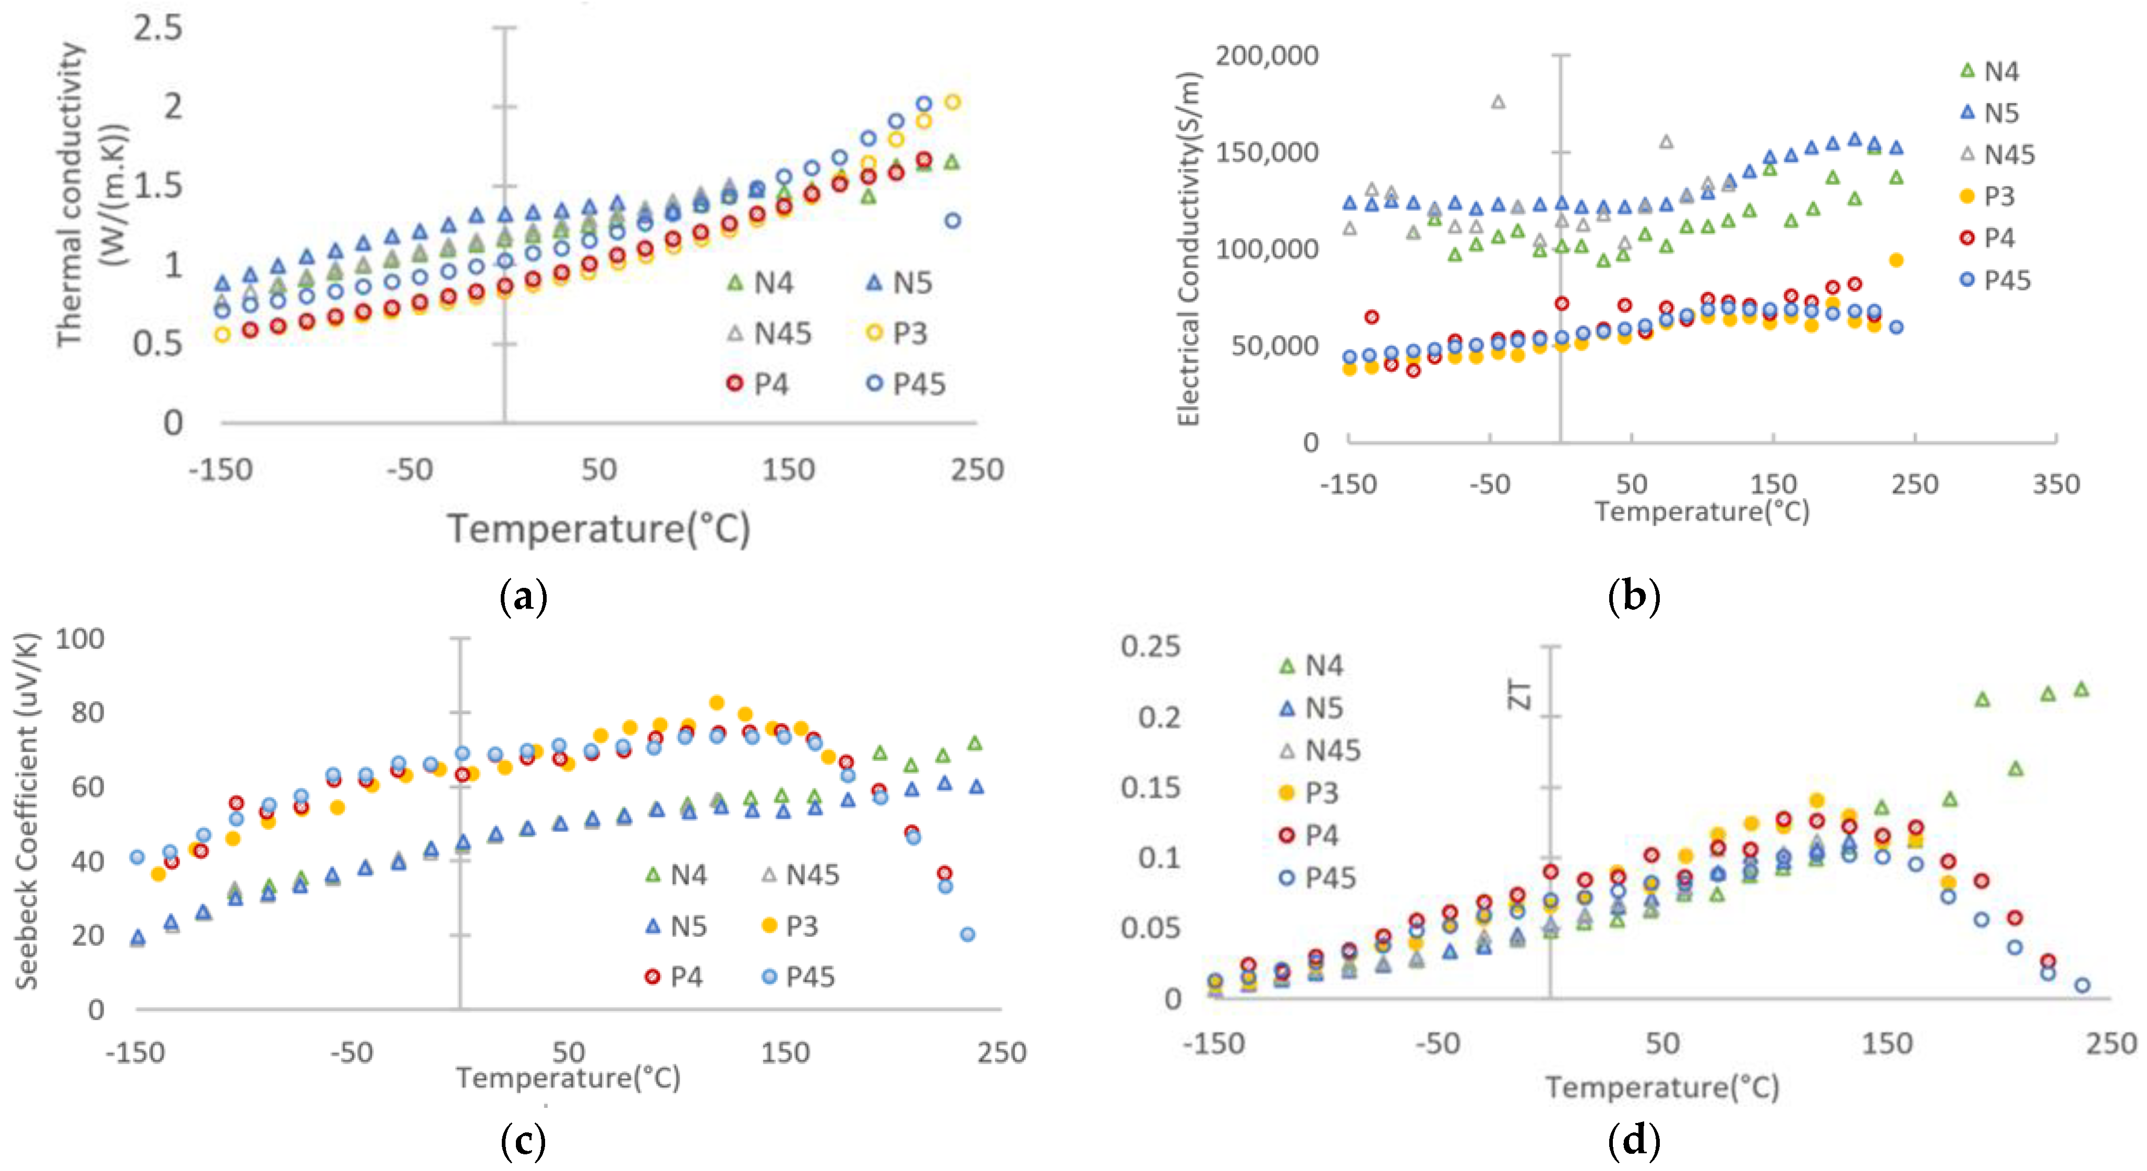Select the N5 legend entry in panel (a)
[900, 283]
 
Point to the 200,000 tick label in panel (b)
[1266, 56]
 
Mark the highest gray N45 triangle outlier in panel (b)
[1498, 102]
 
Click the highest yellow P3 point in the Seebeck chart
[716, 703]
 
